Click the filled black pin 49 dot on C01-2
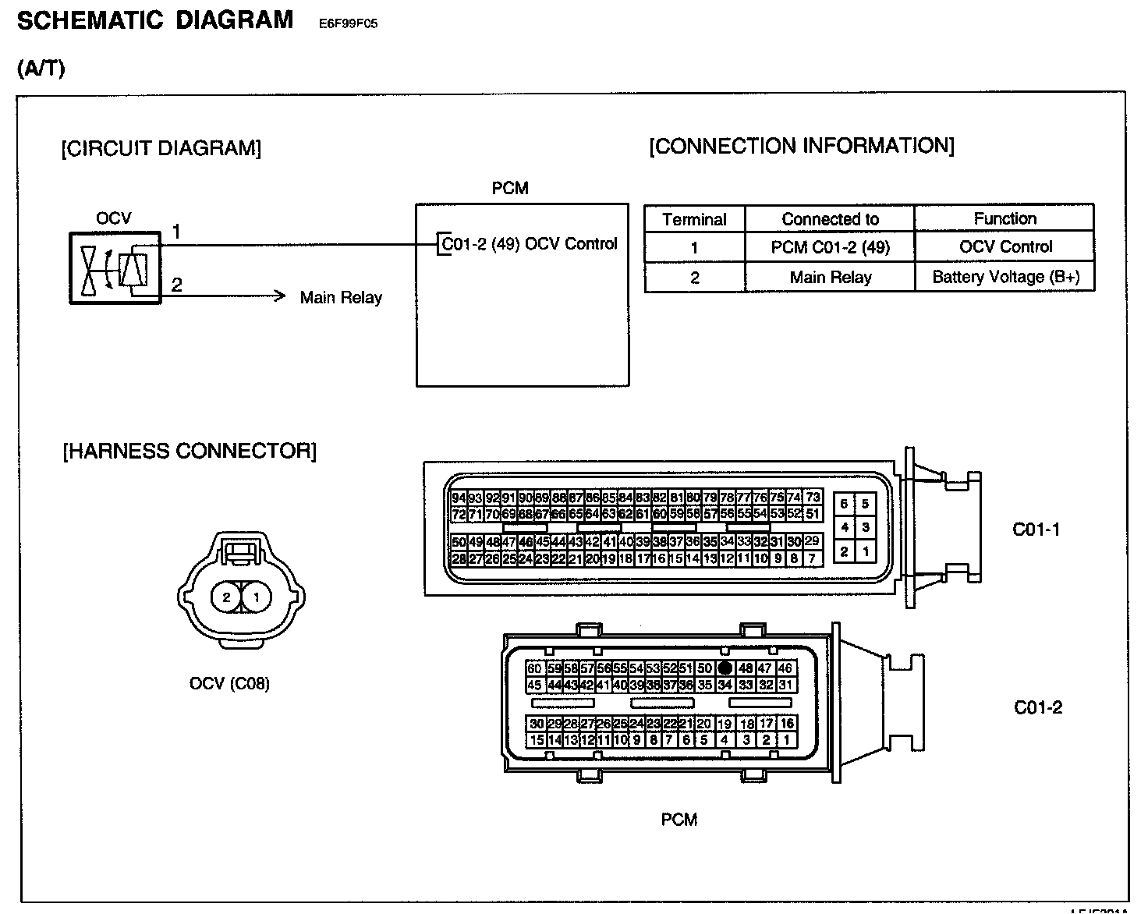pyautogui.click(x=725, y=668)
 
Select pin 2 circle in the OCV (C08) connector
pyautogui.click(x=226, y=597)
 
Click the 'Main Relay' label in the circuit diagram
pyautogui.click(x=341, y=297)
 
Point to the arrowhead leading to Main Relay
pyautogui.click(x=282, y=296)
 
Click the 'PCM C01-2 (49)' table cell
pyautogui.click(x=830, y=247)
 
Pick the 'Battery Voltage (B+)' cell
pyautogui.click(x=1005, y=277)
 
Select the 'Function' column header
pyautogui.click(x=1004, y=218)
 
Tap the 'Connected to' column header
pyautogui.click(x=830, y=219)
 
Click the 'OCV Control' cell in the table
pyautogui.click(x=1005, y=247)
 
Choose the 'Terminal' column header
pyautogui.click(x=694, y=219)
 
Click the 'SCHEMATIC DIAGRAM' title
pyautogui.click(x=155, y=20)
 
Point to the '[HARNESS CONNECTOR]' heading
pyautogui.click(x=190, y=452)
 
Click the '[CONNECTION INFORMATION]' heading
pyautogui.click(x=801, y=146)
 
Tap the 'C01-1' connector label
pyautogui.click(x=1036, y=530)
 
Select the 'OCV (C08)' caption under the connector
pyautogui.click(x=229, y=683)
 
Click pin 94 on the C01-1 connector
pyautogui.click(x=459, y=498)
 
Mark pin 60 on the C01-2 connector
pyautogui.click(x=534, y=668)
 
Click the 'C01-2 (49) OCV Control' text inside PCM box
pyautogui.click(x=529, y=243)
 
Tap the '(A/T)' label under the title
pyautogui.click(x=41, y=69)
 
